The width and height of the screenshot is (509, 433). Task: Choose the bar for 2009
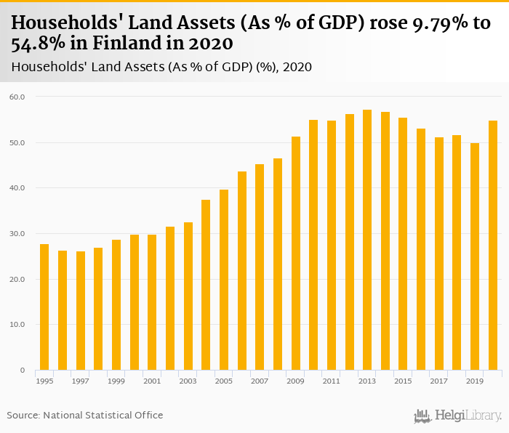point(296,254)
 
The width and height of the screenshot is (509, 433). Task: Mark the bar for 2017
point(439,254)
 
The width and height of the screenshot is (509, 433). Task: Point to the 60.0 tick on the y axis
point(17,97)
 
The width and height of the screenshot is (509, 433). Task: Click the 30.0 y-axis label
point(17,234)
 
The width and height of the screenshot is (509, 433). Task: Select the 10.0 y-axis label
point(17,325)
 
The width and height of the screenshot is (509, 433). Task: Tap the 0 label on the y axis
point(23,371)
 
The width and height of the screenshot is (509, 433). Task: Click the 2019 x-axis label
point(475,381)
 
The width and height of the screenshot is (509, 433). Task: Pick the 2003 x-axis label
point(188,381)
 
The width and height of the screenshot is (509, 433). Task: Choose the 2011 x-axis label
point(332,381)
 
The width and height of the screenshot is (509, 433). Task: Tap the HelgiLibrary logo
point(457,416)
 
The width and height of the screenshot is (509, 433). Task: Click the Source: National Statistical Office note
point(85,415)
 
